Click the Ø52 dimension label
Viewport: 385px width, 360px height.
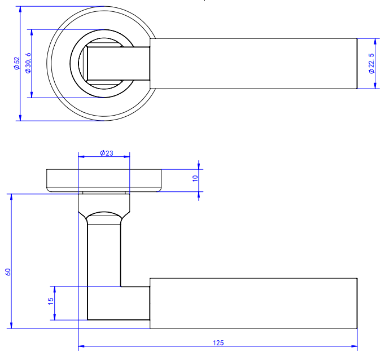[17, 63]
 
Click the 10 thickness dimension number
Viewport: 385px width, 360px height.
[195, 178]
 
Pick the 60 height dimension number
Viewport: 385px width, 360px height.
[7, 271]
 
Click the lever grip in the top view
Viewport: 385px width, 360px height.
[254, 64]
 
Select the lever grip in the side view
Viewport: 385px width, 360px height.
[254, 303]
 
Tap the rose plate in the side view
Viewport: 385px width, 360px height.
[104, 180]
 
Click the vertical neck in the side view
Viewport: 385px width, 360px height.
[104, 254]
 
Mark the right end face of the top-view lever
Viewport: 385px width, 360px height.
[357, 64]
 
